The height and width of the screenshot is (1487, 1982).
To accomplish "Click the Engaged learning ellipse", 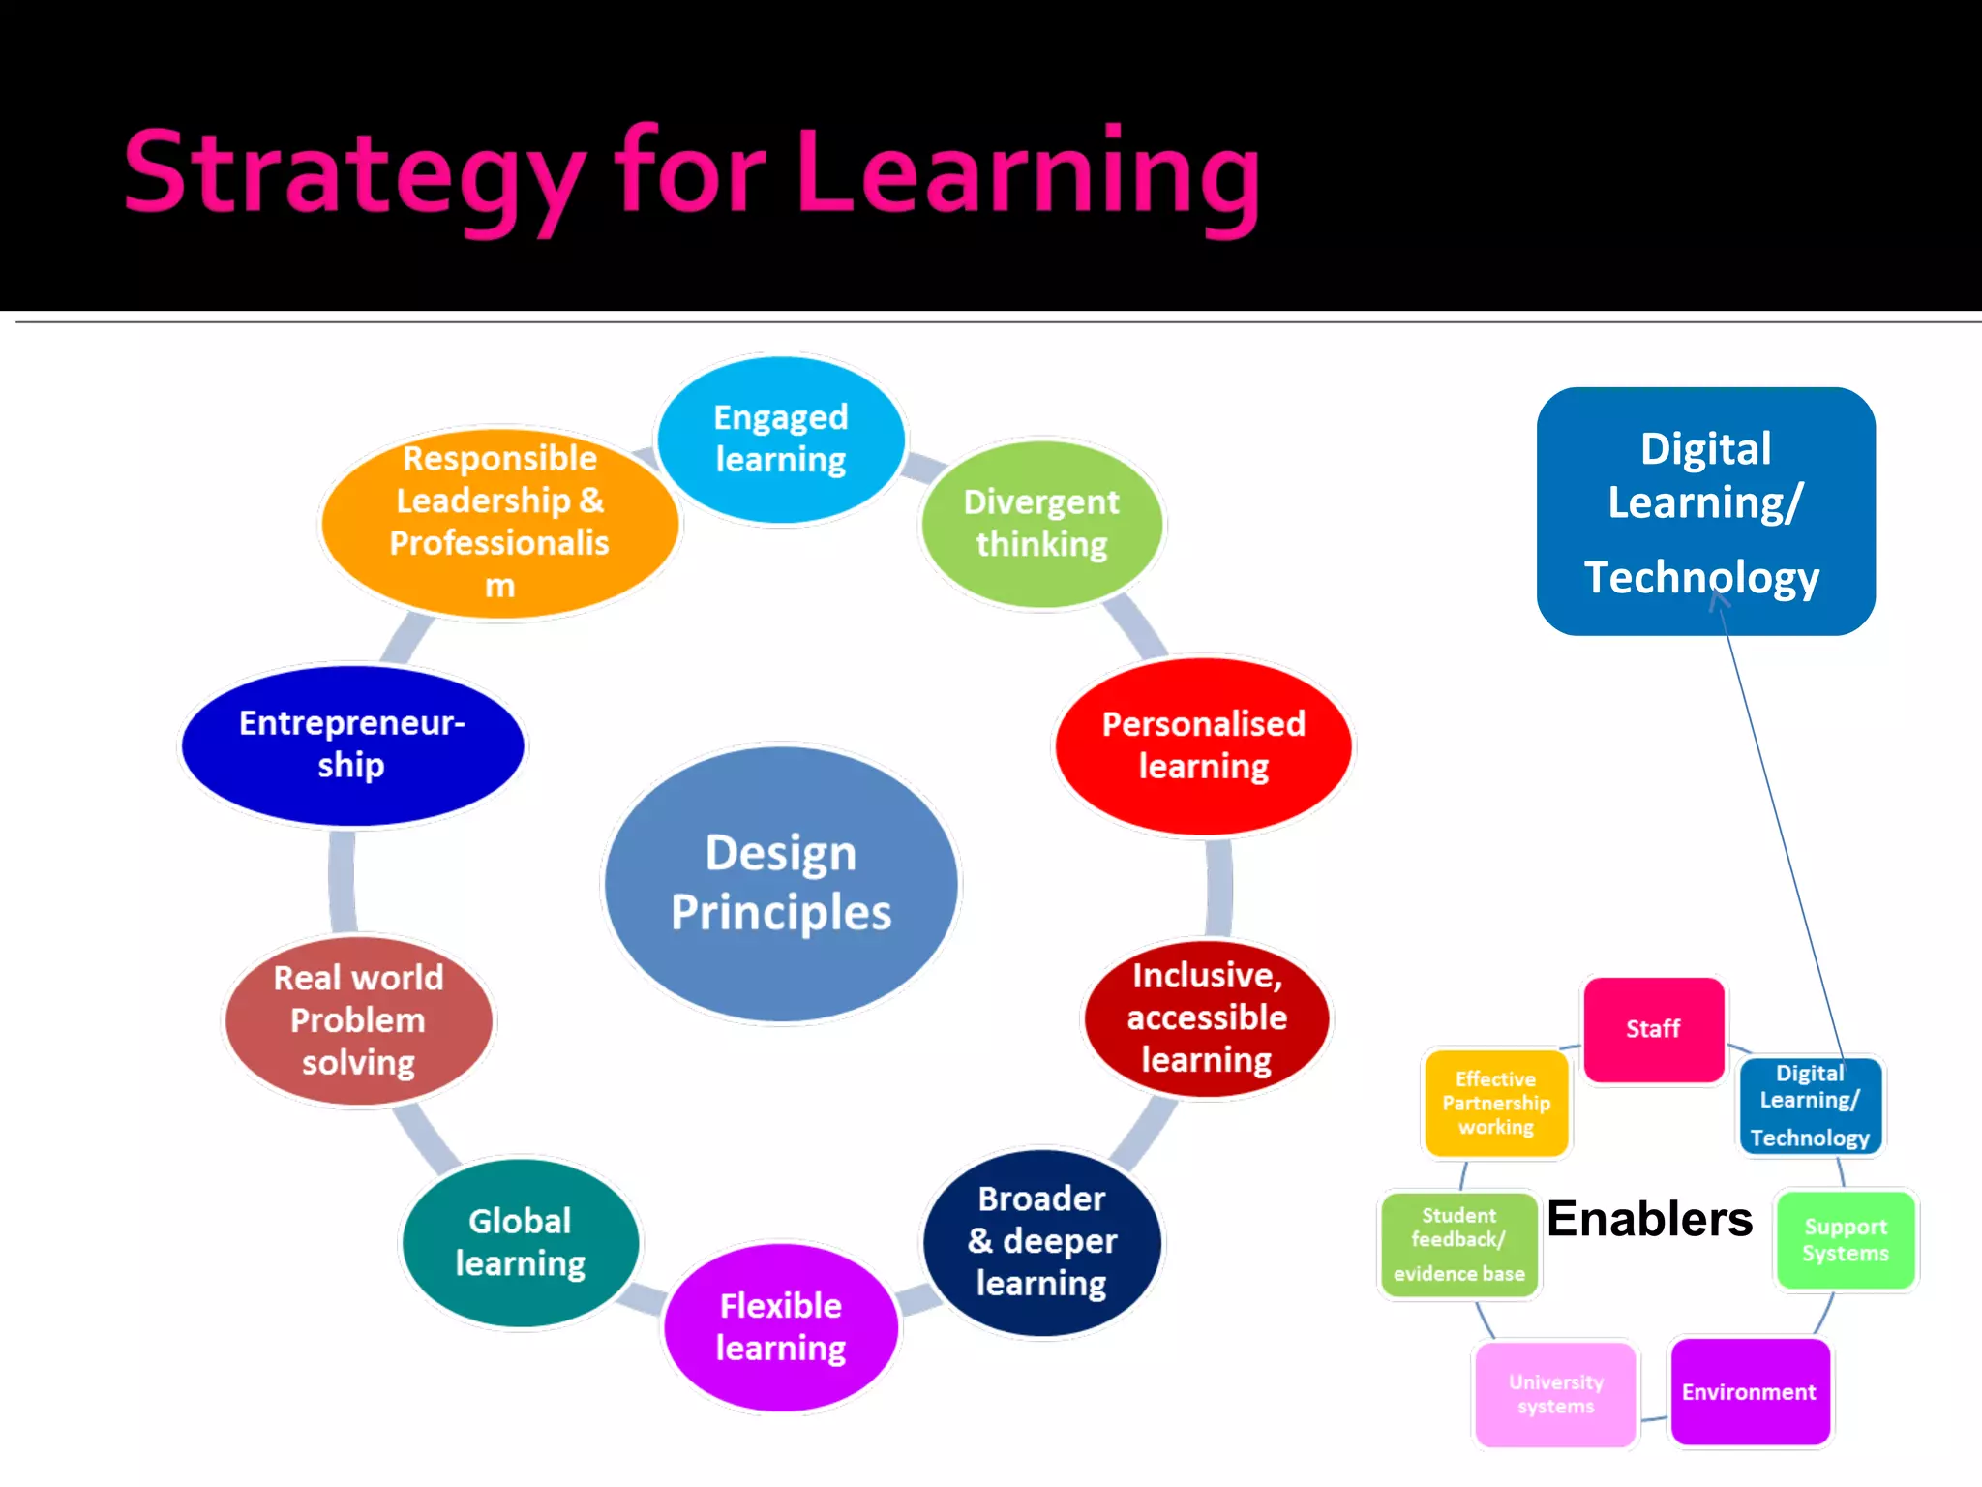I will click(x=780, y=440).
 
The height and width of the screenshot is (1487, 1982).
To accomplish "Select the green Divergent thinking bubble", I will click(x=1041, y=524).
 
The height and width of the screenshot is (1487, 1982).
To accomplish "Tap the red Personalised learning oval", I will click(x=1203, y=745).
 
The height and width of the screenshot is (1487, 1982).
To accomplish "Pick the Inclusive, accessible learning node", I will click(x=1207, y=1017).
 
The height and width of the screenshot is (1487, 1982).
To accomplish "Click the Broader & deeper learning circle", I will click(x=1042, y=1242).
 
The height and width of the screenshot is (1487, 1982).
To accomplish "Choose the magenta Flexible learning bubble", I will click(x=781, y=1327).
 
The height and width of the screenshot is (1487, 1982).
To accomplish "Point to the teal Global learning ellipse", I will click(x=521, y=1243).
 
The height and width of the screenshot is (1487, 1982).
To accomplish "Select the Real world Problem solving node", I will click(x=358, y=1020).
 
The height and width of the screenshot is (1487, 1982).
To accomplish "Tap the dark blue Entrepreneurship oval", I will click(x=352, y=744).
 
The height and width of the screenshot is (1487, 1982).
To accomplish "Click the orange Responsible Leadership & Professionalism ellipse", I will click(x=499, y=523).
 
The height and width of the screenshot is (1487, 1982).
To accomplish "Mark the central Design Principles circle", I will click(x=781, y=883).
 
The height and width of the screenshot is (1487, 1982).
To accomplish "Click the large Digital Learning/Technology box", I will click(x=1705, y=511).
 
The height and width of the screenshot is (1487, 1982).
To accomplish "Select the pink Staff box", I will click(x=1653, y=1029).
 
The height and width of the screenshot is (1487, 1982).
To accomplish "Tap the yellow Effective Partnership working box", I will click(x=1495, y=1104).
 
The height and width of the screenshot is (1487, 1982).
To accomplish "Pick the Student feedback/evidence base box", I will click(x=1458, y=1244).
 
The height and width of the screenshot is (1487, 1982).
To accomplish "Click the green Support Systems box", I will click(x=1846, y=1240).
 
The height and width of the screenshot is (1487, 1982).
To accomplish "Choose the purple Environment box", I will click(x=1750, y=1392).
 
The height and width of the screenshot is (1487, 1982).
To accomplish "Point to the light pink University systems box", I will click(x=1555, y=1394).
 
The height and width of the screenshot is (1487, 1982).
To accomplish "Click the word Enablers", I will click(x=1649, y=1219).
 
